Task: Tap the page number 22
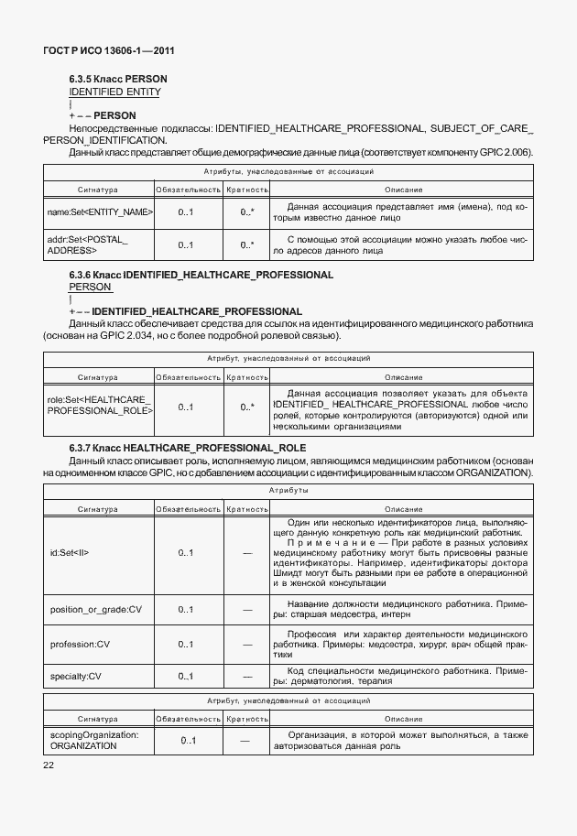point(49,765)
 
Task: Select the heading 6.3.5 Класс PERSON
point(118,80)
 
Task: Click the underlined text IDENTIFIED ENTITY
point(114,92)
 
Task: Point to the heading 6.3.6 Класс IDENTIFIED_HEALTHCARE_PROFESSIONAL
point(201,275)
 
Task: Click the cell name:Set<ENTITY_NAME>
point(99,213)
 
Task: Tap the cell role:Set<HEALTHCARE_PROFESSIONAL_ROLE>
point(99,406)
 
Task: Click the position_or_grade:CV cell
point(95,608)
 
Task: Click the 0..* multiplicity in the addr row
point(247,245)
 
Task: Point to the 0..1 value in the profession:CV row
point(186,644)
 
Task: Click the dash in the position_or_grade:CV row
point(247,608)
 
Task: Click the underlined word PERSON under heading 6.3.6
point(90,287)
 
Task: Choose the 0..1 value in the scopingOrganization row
point(188,740)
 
